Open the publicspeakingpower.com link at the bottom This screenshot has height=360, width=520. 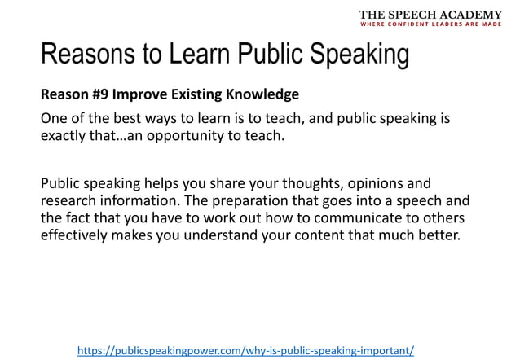pos(245,350)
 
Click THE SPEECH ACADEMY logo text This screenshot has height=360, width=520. pos(431,15)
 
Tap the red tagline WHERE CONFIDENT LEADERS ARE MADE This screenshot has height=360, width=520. pos(431,24)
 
